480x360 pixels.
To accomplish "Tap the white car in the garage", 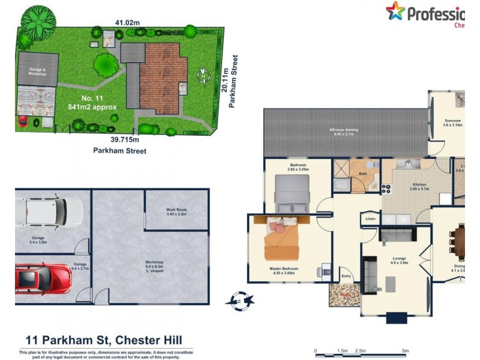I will click(x=48, y=211).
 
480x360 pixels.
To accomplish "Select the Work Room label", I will click(x=176, y=211).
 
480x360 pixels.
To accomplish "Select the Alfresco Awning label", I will click(x=345, y=131).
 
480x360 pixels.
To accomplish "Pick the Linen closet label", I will click(x=371, y=220).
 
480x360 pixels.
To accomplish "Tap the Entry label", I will click(x=346, y=276).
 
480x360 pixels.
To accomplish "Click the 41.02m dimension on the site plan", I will click(x=128, y=23).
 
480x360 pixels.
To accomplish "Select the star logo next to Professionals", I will click(x=395, y=11).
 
